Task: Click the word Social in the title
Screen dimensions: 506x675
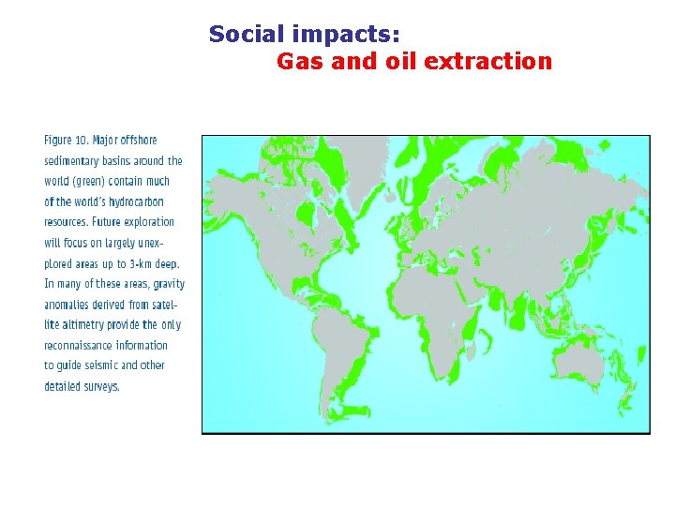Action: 247,34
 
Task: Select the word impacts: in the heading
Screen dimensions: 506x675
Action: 347,35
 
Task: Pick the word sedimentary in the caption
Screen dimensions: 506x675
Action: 75,161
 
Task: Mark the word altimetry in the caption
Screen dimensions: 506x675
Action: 79,324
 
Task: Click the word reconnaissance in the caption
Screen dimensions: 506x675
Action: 78,345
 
